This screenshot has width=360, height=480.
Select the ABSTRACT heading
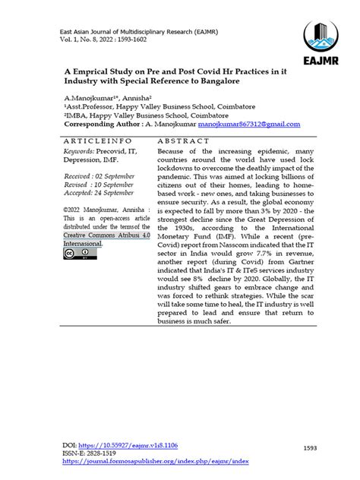pyautogui.click(x=184, y=141)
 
